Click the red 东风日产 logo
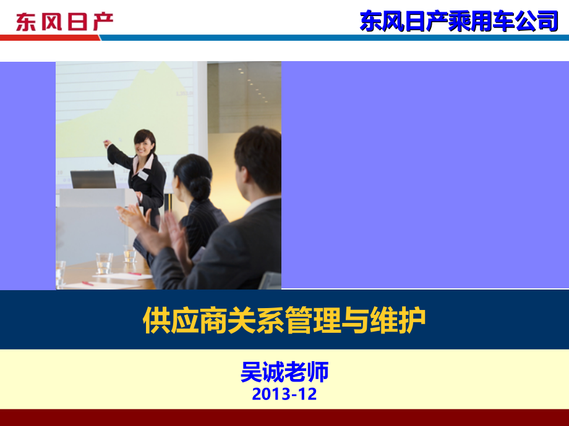point(64,22)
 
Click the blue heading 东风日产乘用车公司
point(459,21)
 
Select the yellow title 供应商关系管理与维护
point(284,320)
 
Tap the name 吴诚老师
point(284,371)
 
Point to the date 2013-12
point(284,394)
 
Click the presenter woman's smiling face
point(144,145)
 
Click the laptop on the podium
point(93,179)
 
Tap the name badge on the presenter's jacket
point(143,175)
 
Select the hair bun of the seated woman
point(200,188)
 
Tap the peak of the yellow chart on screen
point(164,64)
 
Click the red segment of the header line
point(50,38)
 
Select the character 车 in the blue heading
point(503,21)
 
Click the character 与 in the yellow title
point(355,320)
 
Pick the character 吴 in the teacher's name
point(251,371)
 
